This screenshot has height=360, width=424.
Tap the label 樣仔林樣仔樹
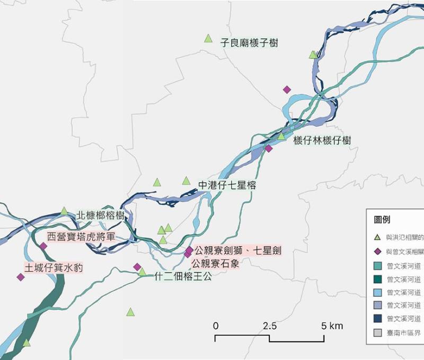322,140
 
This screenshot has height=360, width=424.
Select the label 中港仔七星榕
227,185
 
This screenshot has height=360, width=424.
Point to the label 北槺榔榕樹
100,215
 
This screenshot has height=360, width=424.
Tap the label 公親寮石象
215,263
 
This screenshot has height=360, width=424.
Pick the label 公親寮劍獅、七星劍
234,250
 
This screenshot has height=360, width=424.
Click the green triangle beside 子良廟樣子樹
208,38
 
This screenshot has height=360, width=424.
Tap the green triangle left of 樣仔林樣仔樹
282,137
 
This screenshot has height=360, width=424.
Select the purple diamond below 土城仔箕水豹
21,277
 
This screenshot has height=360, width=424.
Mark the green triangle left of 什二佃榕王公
142,272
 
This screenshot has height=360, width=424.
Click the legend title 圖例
382,220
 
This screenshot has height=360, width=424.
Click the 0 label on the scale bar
216,326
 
